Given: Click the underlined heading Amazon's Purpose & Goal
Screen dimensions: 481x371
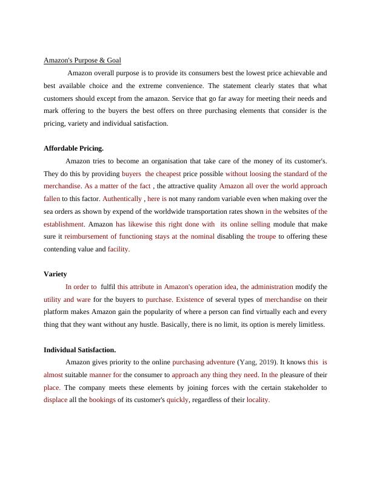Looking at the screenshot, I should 82,60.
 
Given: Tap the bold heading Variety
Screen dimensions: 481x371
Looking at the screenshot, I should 55,273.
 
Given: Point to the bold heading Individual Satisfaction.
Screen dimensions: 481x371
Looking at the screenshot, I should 79,350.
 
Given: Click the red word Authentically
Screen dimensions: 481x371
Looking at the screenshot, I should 122,199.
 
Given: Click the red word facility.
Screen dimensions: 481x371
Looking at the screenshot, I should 119,249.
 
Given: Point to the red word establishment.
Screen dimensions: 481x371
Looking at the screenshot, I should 64,223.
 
